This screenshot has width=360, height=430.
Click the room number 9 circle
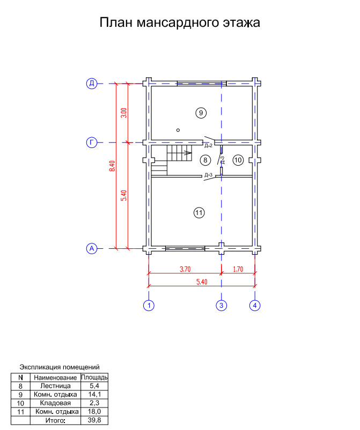click(201, 113)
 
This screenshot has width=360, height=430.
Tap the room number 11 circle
click(199, 212)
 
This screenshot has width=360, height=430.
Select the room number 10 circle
click(238, 160)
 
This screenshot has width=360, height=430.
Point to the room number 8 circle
click(205, 160)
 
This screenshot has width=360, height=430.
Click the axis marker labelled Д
click(92, 83)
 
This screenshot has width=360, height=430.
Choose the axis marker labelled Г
click(92, 143)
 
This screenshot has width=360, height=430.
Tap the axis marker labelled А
click(92, 248)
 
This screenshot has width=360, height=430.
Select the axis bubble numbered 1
click(149, 305)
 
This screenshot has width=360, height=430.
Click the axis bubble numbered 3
click(222, 305)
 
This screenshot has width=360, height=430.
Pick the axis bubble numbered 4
click(255, 305)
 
